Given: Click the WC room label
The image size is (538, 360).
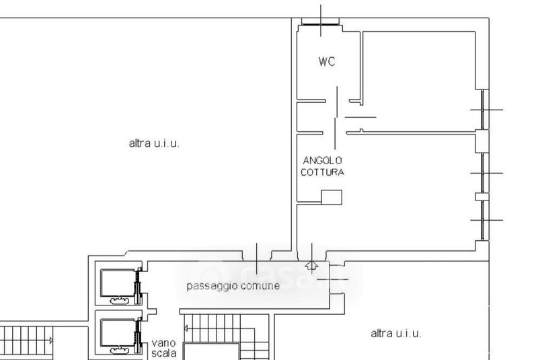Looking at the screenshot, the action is point(327,61).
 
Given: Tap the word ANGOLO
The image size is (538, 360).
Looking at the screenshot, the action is point(323,160).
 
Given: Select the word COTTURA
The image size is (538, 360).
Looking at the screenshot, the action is point(323,172).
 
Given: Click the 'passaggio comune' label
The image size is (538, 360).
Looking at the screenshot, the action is point(233,286).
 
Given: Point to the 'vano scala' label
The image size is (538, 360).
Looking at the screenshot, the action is point(164,348).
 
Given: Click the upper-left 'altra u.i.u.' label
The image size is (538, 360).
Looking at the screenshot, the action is point(154,143).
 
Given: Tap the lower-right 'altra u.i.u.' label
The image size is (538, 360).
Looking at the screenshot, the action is point(396,333).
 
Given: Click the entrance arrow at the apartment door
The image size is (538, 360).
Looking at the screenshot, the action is point(311,265).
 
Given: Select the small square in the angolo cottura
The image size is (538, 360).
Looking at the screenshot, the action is point(332,197).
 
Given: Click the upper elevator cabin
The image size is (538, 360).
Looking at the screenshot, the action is point(118,283).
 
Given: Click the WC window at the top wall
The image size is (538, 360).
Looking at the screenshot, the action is point(320,24).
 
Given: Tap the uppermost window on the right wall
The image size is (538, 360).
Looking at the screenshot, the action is point(483,110).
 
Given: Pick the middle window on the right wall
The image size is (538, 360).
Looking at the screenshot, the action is point(483,173).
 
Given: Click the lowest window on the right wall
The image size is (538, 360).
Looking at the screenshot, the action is point(483,220).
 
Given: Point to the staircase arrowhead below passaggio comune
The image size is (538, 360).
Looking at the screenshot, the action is point(186,329).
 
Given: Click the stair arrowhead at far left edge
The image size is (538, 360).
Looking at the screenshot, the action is point(51,340).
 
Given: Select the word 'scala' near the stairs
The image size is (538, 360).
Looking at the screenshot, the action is point(164,353).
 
